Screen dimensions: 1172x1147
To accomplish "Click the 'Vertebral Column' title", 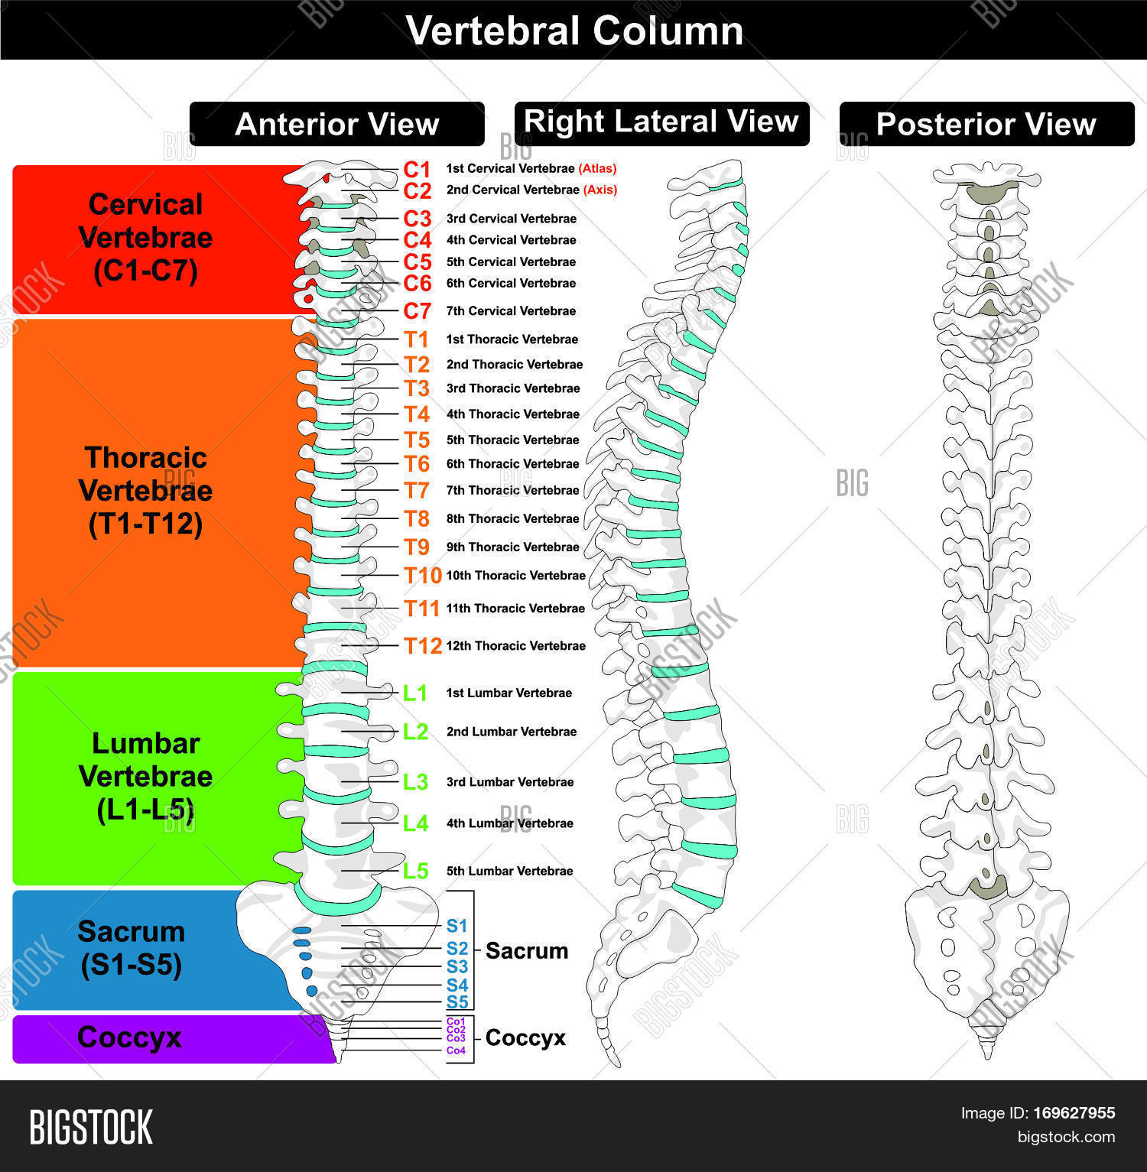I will pyautogui.click(x=574, y=31).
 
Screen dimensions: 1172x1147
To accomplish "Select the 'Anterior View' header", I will pyautogui.click(x=336, y=124).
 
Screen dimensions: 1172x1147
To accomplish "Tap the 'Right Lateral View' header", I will pyautogui.click(x=661, y=122).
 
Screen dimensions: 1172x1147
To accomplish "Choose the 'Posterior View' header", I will pyautogui.click(x=986, y=124).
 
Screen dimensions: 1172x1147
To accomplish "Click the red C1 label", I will pyautogui.click(x=418, y=169).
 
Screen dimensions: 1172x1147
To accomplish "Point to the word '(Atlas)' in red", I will pyautogui.click(x=597, y=168).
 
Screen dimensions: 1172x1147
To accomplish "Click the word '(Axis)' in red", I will pyautogui.click(x=600, y=190).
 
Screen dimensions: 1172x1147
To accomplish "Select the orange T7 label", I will pyautogui.click(x=417, y=490).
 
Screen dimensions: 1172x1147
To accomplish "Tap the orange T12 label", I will pyautogui.click(x=423, y=646).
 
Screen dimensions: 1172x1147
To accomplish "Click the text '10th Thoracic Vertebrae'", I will pyautogui.click(x=515, y=576).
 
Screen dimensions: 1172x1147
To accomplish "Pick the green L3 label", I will pyautogui.click(x=415, y=782).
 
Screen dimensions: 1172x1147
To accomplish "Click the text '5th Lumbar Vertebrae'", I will pyautogui.click(x=509, y=871).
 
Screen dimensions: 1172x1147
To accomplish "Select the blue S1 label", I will pyautogui.click(x=457, y=927).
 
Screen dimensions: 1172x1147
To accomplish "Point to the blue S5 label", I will pyautogui.click(x=457, y=1002).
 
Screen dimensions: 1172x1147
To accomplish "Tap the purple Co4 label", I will pyautogui.click(x=456, y=1050).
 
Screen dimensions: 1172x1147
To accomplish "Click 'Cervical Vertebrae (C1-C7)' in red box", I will pyautogui.click(x=145, y=238).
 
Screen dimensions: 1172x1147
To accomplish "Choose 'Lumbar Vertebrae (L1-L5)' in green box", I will pyautogui.click(x=145, y=776).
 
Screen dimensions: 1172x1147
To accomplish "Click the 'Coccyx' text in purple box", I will pyautogui.click(x=129, y=1037).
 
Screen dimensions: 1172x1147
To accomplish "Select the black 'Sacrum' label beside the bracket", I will pyautogui.click(x=526, y=951).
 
